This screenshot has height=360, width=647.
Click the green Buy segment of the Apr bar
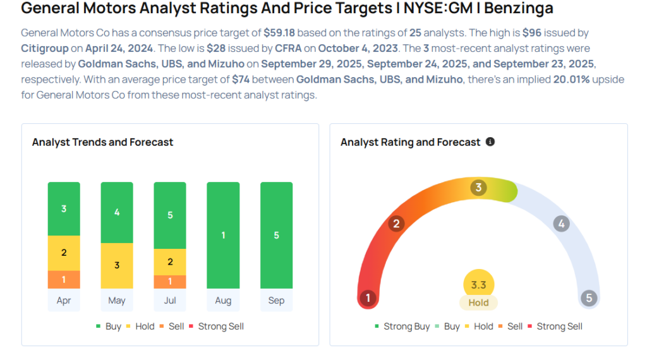(x=64, y=208)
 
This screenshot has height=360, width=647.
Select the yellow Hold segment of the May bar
(x=117, y=265)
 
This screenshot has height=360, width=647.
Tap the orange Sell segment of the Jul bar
(x=170, y=282)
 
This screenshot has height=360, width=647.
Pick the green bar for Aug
(x=223, y=235)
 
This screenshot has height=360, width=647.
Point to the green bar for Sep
(x=276, y=235)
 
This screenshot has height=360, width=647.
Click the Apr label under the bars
(x=64, y=301)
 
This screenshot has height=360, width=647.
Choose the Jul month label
(x=170, y=301)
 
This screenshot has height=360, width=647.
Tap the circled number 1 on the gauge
(x=367, y=298)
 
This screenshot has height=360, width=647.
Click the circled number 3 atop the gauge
(x=479, y=188)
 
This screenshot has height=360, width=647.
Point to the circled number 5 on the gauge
(x=589, y=298)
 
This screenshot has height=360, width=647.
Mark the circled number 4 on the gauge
(x=561, y=224)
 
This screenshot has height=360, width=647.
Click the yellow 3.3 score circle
(x=478, y=285)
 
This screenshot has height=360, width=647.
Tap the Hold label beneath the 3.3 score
(x=478, y=303)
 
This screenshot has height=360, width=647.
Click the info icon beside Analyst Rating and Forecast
(x=490, y=142)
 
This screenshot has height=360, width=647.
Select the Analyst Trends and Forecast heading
(x=102, y=142)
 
